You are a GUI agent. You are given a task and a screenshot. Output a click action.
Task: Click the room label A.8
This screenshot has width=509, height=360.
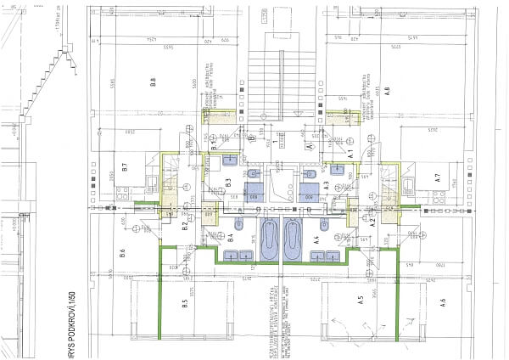(x=386, y=92)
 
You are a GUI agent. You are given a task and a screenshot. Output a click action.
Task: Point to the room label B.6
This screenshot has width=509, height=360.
(x=123, y=252)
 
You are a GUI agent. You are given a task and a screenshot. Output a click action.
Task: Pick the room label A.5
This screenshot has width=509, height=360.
(x=361, y=299)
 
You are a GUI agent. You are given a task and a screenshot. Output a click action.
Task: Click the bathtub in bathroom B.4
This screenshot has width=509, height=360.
(x=271, y=240)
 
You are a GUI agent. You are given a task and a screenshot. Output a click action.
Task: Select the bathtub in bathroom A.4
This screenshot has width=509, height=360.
(x=293, y=240)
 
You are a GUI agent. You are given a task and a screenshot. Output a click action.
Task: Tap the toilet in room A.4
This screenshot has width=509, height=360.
(x=326, y=228)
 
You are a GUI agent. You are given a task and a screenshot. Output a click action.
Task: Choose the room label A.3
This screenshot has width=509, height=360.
(x=326, y=184)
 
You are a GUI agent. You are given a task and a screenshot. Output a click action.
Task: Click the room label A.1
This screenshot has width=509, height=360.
(x=349, y=153)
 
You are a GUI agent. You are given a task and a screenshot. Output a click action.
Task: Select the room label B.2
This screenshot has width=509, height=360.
(x=185, y=224)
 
